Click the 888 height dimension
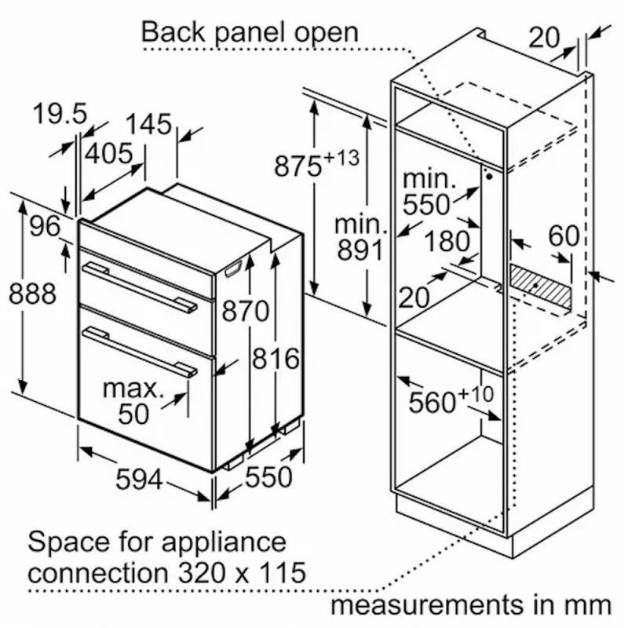click(32, 294)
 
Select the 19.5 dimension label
click(60, 115)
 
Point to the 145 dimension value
click(148, 124)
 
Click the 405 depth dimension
click(109, 153)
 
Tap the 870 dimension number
click(245, 312)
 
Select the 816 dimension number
click(276, 359)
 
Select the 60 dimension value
click(563, 236)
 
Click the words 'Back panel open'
click(249, 33)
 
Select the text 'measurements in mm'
click(470, 605)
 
